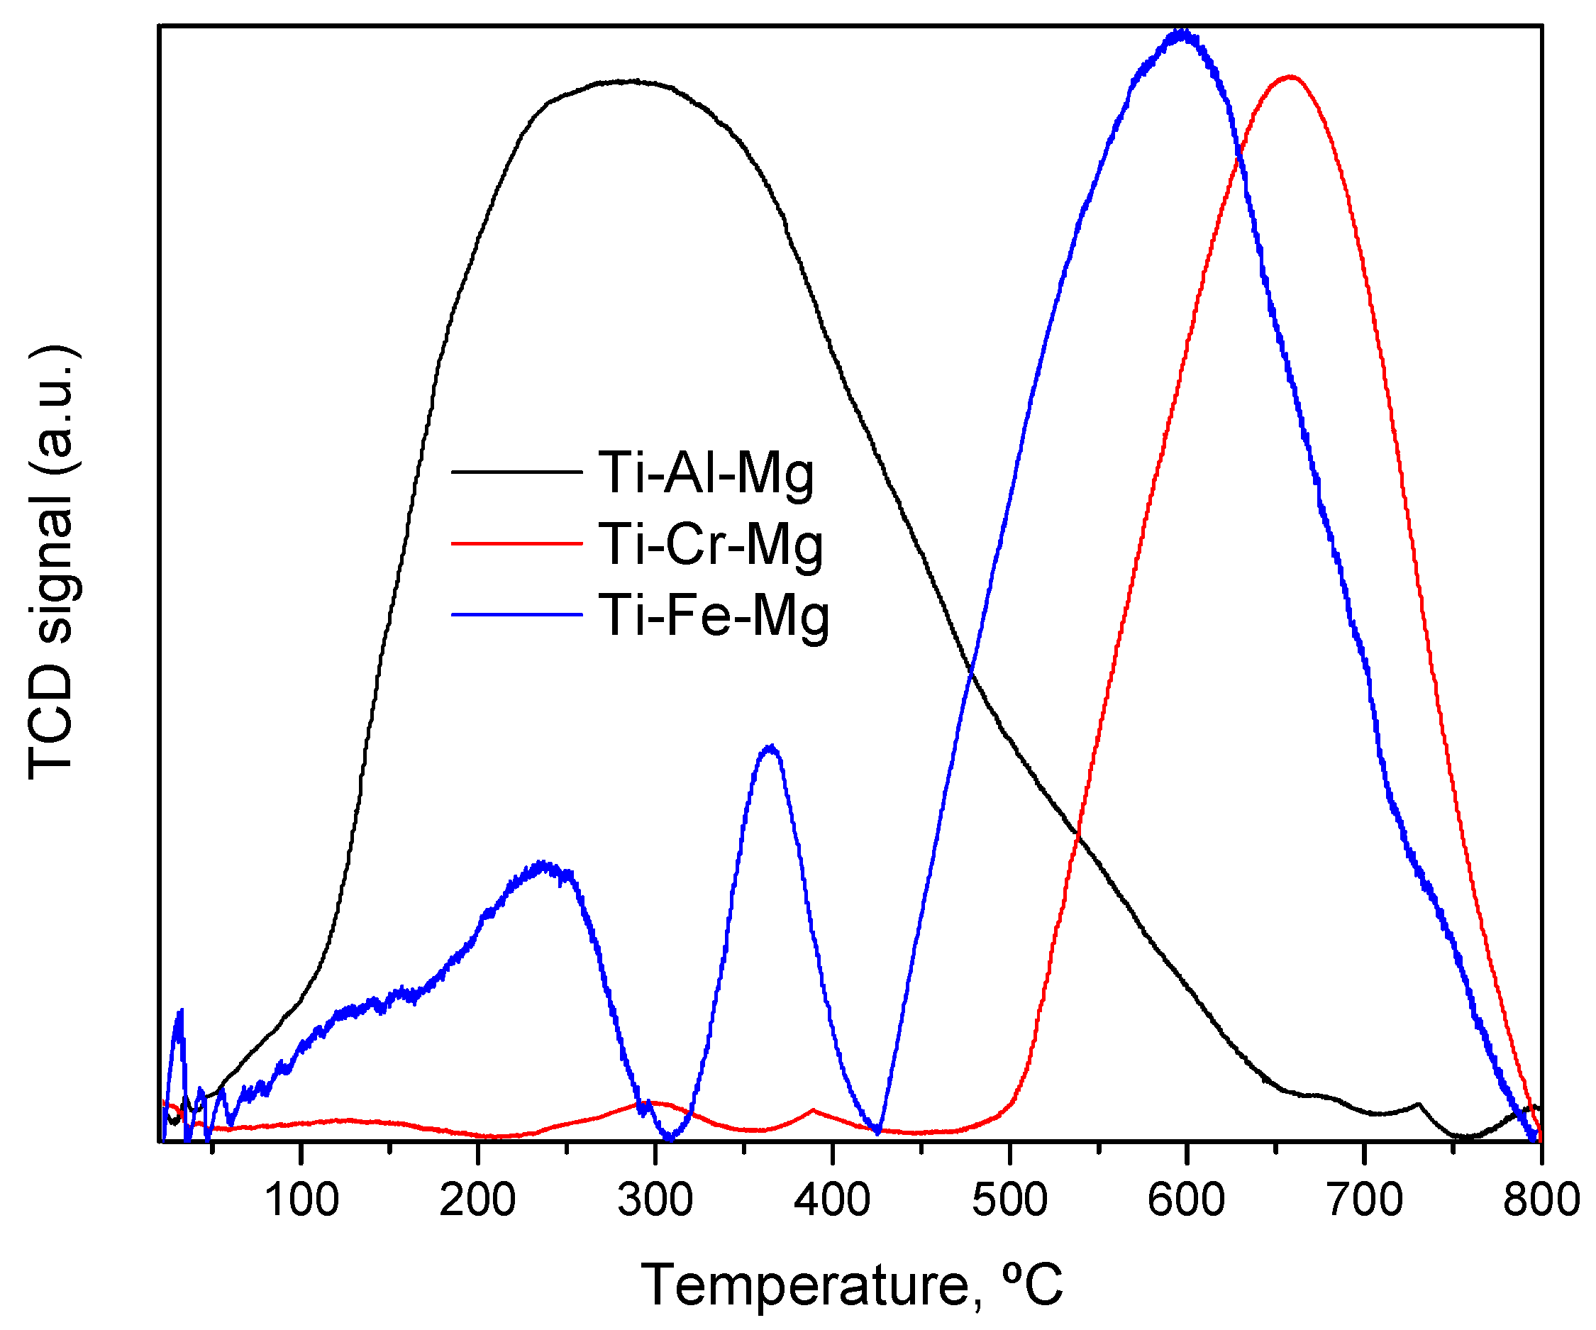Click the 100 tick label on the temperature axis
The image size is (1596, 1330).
(301, 1200)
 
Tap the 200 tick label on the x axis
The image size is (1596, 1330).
(477, 1200)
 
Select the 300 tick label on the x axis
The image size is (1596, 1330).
(655, 1200)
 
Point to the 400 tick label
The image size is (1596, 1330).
(832, 1200)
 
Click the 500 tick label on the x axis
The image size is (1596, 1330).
(1009, 1200)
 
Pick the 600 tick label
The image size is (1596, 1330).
(1185, 1200)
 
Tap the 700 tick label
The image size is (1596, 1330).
(1364, 1200)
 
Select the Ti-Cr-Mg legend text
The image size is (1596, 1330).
(711, 545)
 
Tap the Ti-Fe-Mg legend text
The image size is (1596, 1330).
(714, 616)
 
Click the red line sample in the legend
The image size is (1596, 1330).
(517, 543)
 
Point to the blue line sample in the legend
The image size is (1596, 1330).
(517, 614)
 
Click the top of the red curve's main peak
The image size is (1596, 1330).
(1290, 76)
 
